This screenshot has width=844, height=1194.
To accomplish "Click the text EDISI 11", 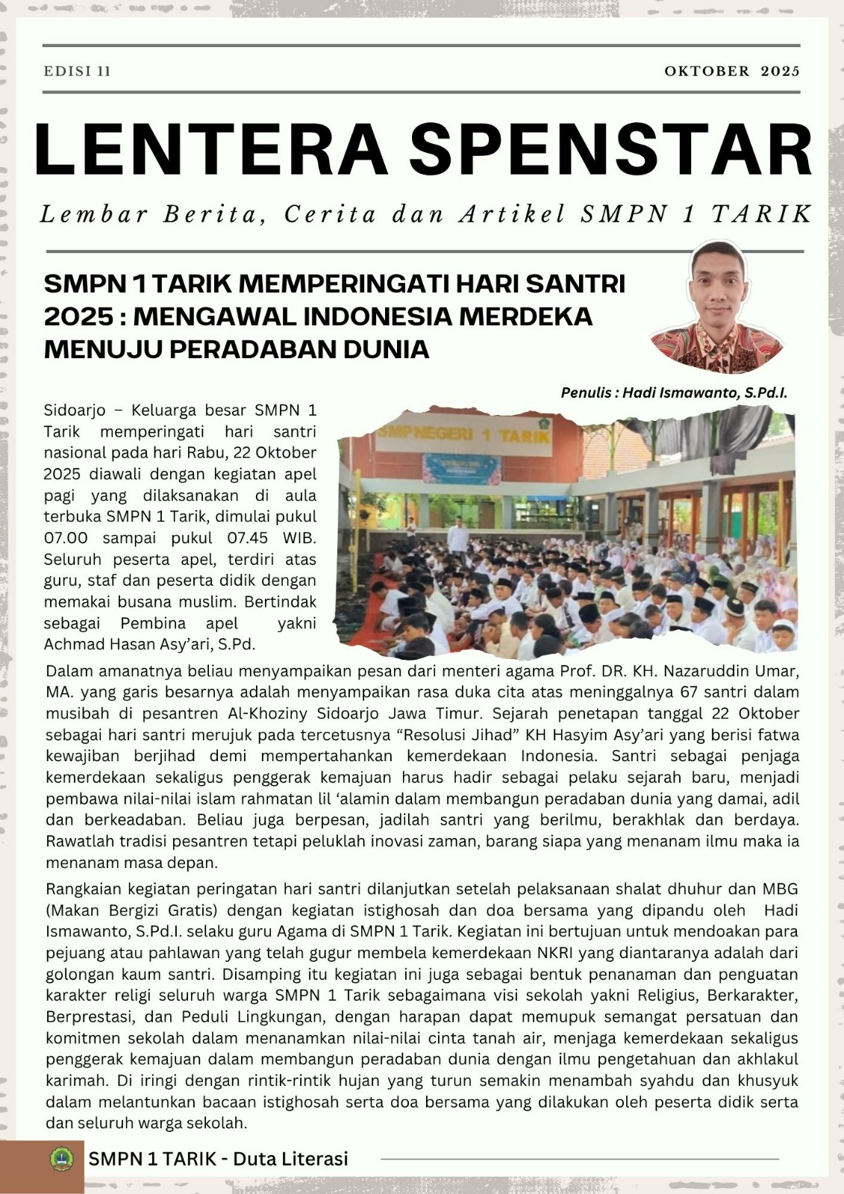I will (77, 72).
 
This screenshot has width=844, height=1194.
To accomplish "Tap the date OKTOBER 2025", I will (731, 72).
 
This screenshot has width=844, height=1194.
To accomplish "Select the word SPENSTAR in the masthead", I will (611, 151).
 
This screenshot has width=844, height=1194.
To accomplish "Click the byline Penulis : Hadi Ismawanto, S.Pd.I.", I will (674, 393).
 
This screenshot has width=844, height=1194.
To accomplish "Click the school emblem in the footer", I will (61, 1159).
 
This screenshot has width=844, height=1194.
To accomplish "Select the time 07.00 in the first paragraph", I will (66, 538).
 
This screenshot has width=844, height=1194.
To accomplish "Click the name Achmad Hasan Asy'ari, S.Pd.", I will (149, 644).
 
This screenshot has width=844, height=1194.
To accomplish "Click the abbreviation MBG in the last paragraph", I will (780, 889).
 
